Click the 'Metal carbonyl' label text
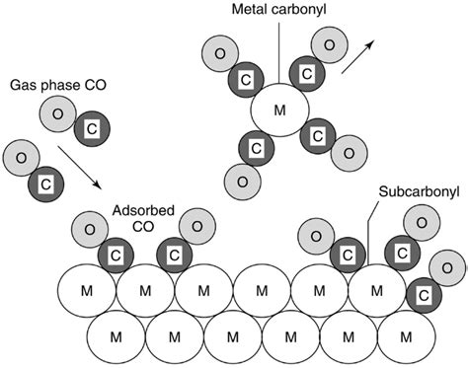click(x=279, y=10)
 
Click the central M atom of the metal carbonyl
click(x=277, y=108)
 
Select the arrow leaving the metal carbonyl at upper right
click(x=357, y=57)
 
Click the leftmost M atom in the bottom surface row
click(x=117, y=336)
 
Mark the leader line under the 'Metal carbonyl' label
click(x=279, y=49)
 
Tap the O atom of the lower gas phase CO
click(x=20, y=157)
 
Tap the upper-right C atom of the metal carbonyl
click(x=307, y=74)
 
